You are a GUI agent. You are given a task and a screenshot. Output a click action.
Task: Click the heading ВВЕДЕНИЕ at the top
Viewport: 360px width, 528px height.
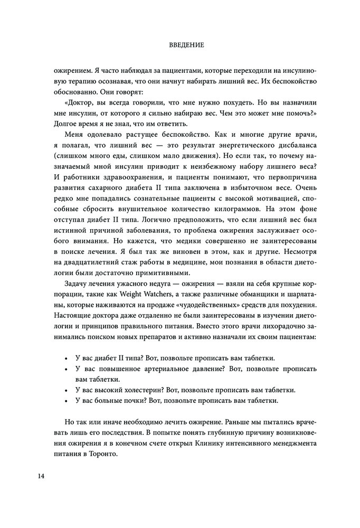(180, 46)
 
